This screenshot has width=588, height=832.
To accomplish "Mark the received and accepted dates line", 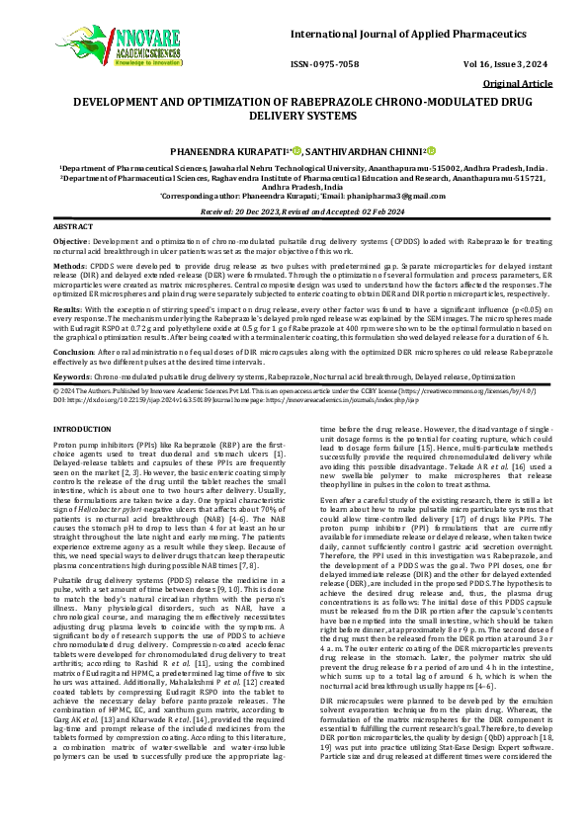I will point(294,211).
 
